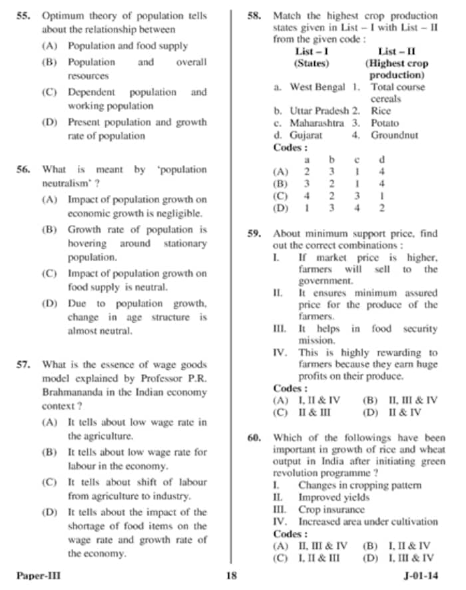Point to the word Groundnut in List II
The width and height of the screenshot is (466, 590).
[x=395, y=135]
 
